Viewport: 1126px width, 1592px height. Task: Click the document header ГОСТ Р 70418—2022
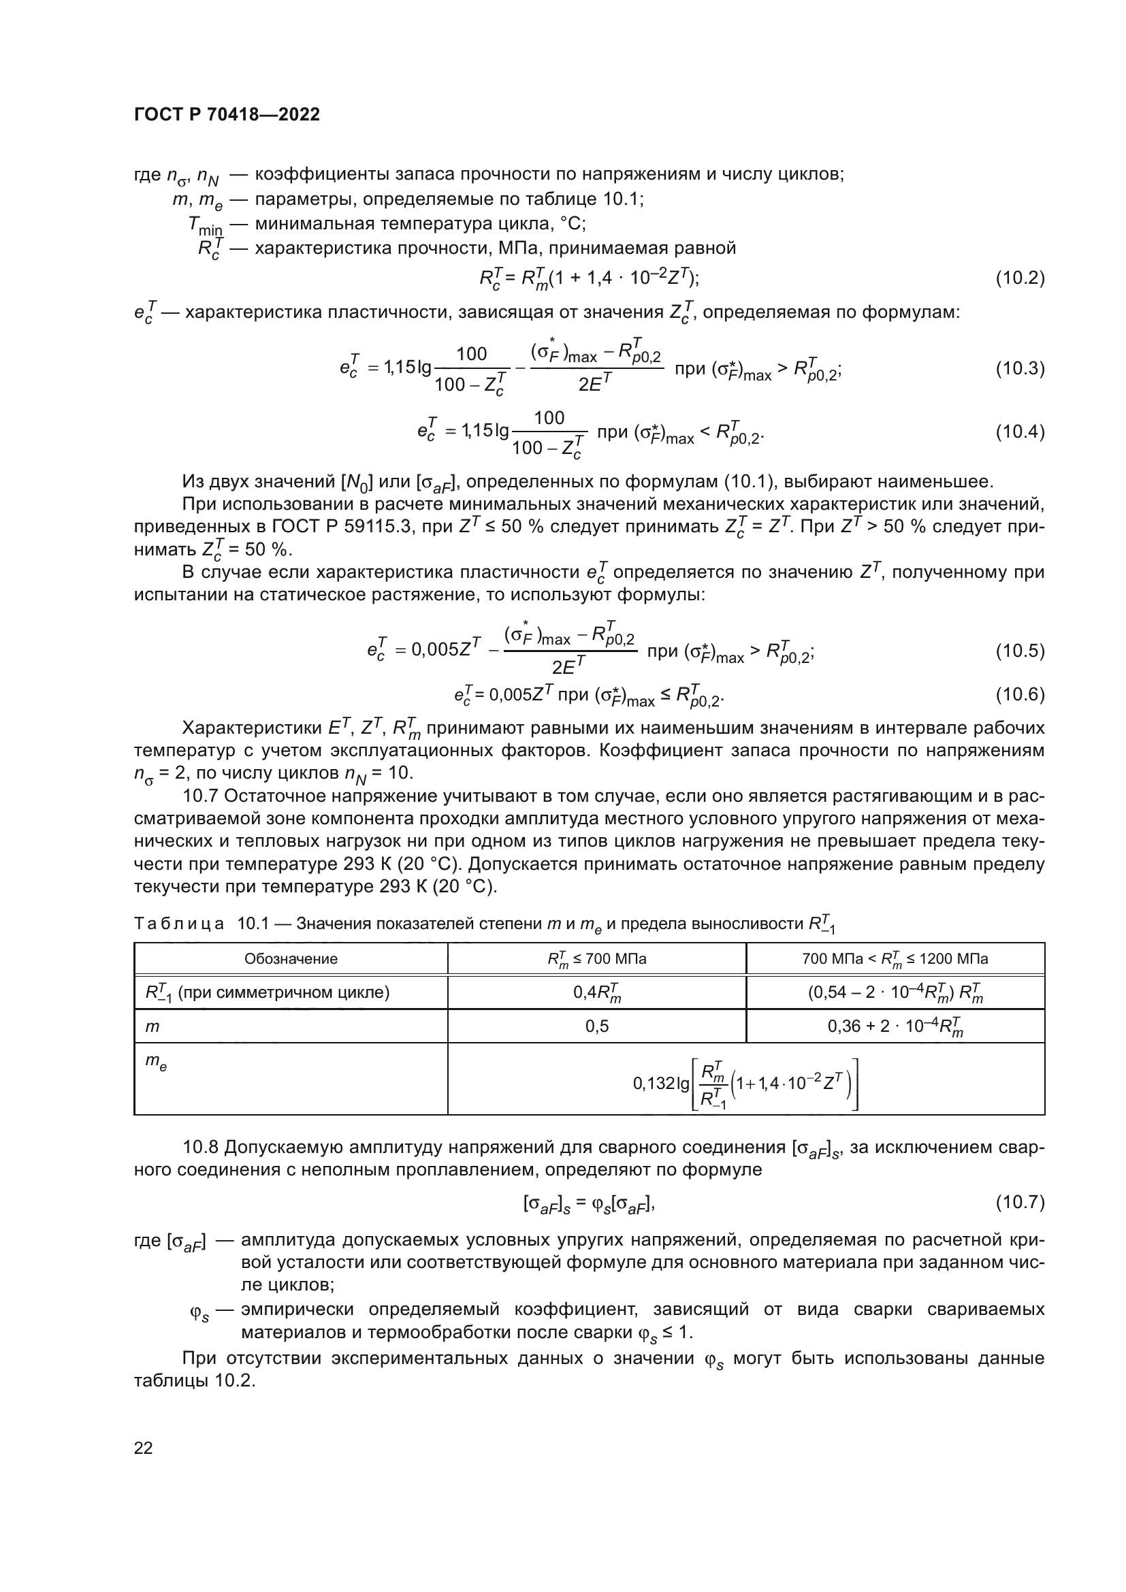coord(227,115)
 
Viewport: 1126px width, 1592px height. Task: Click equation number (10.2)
coord(1020,279)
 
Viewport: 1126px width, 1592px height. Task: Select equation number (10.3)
coord(1020,369)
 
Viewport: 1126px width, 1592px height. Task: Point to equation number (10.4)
coord(1020,433)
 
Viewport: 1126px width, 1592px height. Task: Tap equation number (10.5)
coord(1020,651)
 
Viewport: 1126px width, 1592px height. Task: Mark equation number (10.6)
coord(1020,694)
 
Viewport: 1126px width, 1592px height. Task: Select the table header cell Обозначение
coord(291,959)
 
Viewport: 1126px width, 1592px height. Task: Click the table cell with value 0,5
coord(597,1026)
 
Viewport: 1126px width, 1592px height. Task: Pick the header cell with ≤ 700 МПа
coord(597,959)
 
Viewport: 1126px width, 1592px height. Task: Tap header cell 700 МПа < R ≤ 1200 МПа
coord(895,959)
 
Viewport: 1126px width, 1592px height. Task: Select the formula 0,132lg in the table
coord(745,1083)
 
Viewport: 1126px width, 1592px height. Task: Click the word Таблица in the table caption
coord(179,924)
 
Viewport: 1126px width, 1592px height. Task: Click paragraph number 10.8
coord(201,1148)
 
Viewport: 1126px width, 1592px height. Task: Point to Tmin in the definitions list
coord(205,225)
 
